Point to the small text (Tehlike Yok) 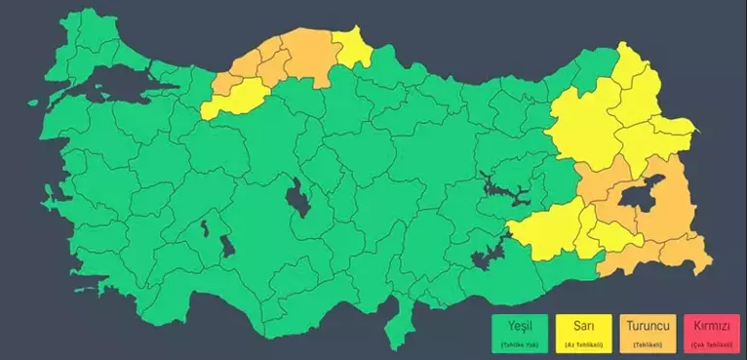pos(512,344)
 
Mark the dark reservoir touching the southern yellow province pos(488,256)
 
